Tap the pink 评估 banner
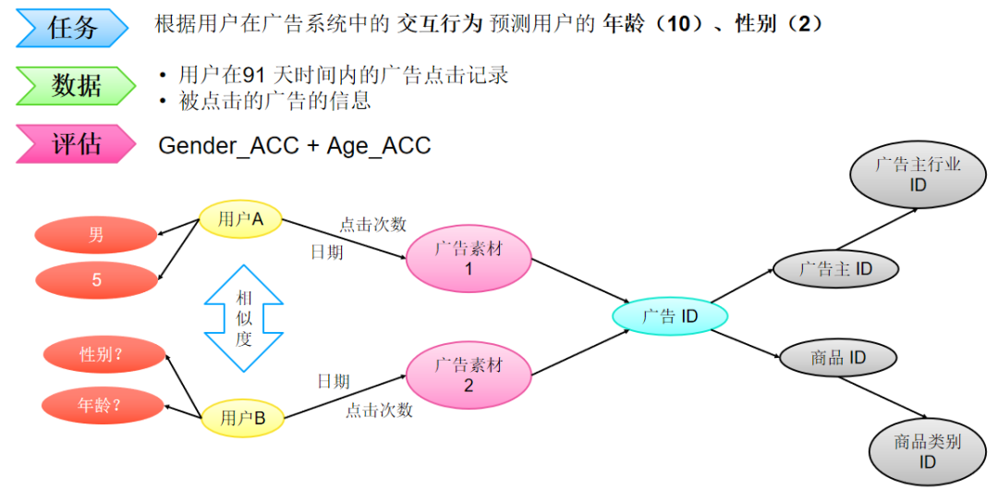(74, 144)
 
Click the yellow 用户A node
(240, 219)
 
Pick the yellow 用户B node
(242, 418)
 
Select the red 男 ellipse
(96, 235)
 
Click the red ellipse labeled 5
(96, 279)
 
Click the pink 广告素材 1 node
(469, 259)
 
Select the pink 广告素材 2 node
(469, 374)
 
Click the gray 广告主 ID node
(835, 269)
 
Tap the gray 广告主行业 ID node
(918, 175)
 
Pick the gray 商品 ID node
(838, 358)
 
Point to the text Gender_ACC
(224, 145)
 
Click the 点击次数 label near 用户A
(372, 224)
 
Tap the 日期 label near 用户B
(333, 381)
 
